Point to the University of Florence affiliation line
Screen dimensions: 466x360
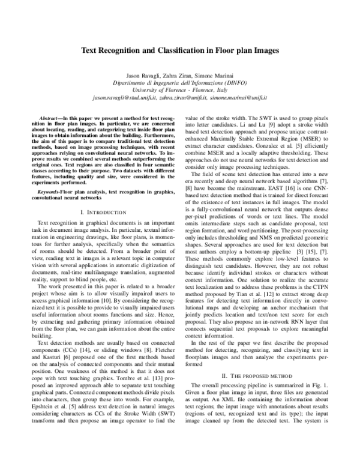tap(180, 89)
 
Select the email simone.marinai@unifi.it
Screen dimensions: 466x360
tap(239, 97)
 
